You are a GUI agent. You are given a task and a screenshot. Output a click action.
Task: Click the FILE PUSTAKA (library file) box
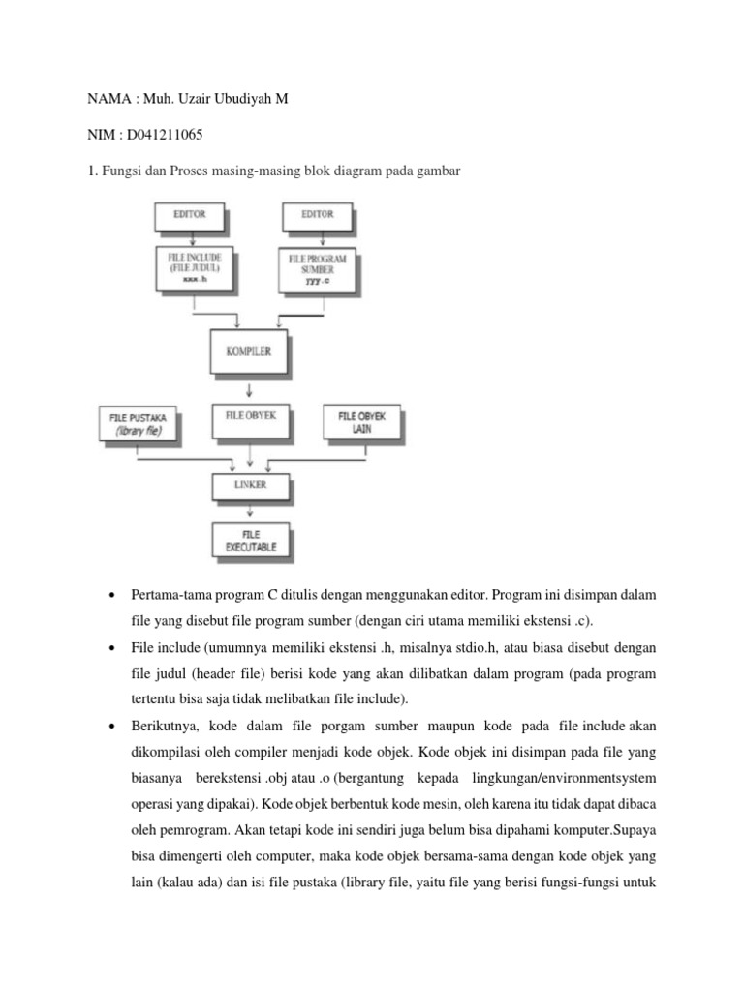[139, 423]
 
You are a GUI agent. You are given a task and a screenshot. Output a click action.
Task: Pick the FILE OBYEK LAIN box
[361, 422]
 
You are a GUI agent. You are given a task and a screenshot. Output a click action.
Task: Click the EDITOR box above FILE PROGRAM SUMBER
[317, 215]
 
